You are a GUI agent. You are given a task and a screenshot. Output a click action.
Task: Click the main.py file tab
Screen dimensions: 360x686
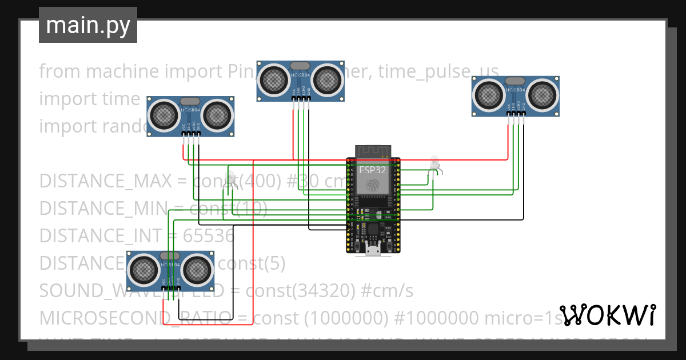(x=87, y=25)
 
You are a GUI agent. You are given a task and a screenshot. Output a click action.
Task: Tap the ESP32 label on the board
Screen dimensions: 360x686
(x=373, y=170)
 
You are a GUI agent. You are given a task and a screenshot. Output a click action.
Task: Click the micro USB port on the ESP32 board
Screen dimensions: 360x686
(x=374, y=249)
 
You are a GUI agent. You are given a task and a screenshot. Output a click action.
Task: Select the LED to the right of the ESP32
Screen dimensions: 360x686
(x=435, y=164)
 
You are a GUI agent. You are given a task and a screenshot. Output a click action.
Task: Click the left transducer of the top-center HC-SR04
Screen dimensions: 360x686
(x=274, y=79)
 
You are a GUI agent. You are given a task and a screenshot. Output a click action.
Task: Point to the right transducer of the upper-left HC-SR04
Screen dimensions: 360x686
(x=217, y=115)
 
